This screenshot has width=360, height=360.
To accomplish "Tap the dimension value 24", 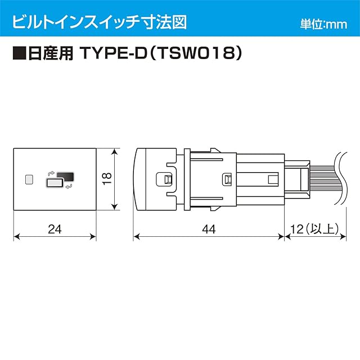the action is pyautogui.click(x=55, y=228).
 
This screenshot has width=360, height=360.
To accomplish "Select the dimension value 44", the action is pyautogui.click(x=208, y=228).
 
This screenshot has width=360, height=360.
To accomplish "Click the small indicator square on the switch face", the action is pyautogui.click(x=30, y=179).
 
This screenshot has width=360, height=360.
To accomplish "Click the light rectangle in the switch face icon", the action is pyautogui.click(x=55, y=183).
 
